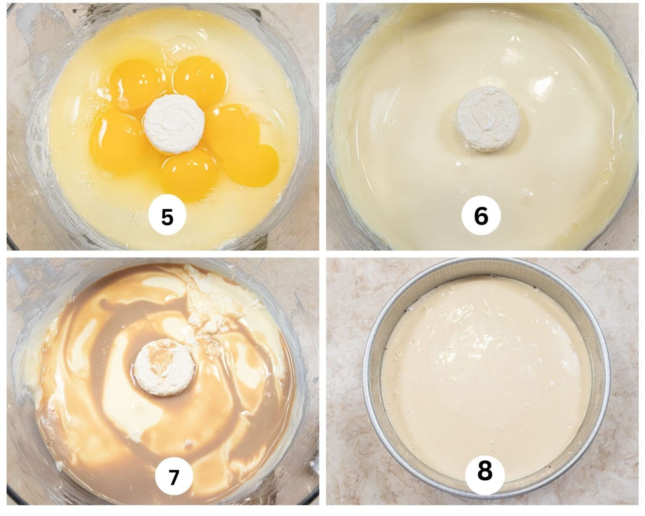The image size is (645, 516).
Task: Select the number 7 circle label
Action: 174,477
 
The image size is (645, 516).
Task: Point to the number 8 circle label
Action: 485,472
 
